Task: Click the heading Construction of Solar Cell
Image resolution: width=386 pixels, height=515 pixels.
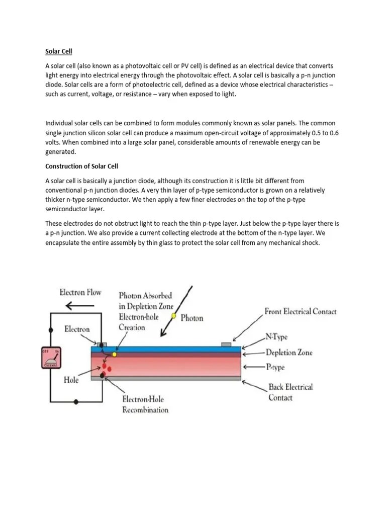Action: coord(81,166)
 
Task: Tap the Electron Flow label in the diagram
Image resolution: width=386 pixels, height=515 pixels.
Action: coord(80,292)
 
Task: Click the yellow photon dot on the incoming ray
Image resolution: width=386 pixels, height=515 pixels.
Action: coord(174,316)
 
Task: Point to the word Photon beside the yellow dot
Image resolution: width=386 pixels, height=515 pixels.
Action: coord(192,317)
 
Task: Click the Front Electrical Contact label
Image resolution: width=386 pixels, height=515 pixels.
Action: coord(300,311)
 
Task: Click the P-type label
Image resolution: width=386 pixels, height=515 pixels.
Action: coord(275,367)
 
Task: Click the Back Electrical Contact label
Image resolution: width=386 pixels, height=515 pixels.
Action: coord(290,392)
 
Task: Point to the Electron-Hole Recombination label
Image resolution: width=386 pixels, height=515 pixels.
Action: coord(145,404)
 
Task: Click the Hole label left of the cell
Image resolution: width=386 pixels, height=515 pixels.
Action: coord(71,380)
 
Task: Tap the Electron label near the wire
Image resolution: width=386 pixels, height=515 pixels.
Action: coord(77,329)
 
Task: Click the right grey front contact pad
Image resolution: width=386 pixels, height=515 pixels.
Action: coord(226,345)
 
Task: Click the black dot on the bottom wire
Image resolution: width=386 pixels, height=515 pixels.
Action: coord(76,401)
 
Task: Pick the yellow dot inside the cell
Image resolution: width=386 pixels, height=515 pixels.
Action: coord(115,354)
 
